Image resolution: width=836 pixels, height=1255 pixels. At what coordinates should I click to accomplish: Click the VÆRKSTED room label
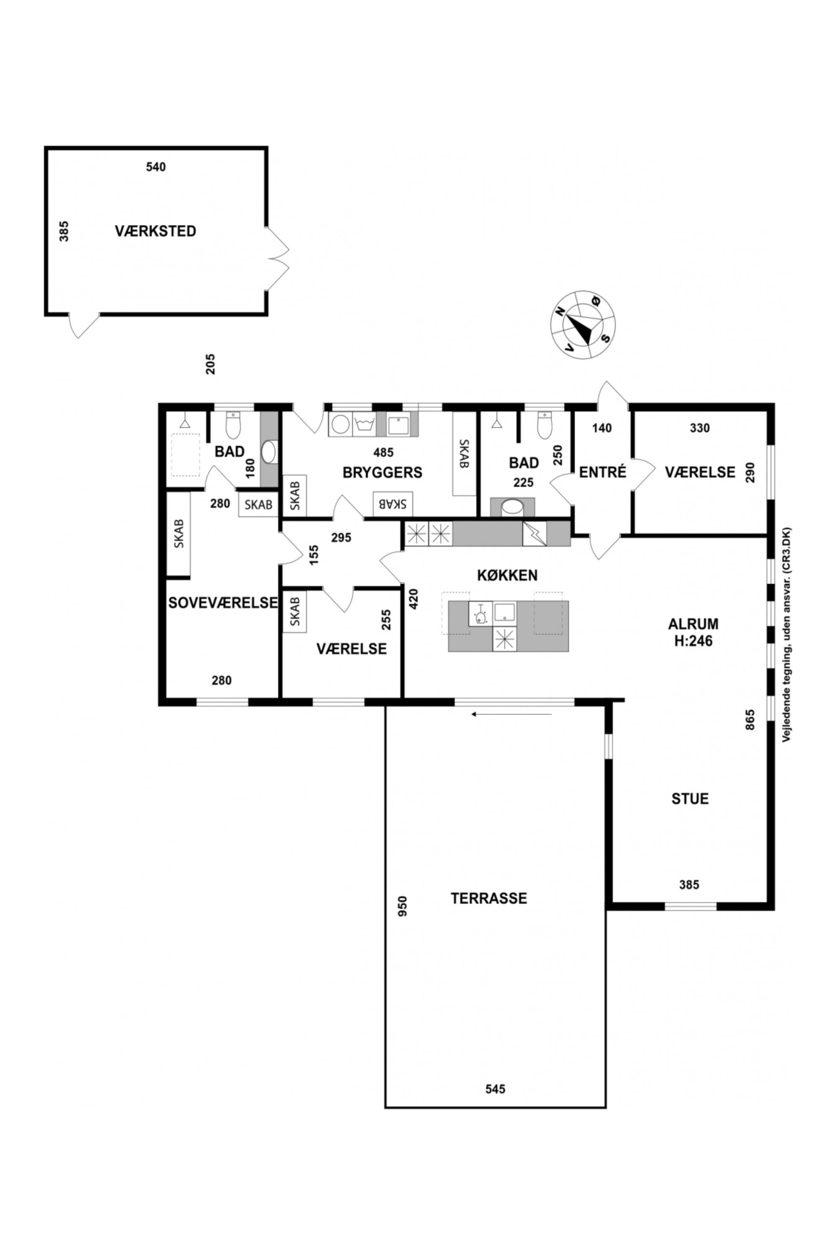(155, 231)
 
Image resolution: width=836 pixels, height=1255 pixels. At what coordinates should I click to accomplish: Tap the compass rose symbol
(583, 325)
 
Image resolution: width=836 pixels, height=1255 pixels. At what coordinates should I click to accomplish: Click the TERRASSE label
(489, 898)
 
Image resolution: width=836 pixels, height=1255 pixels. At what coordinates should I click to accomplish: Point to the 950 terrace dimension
(403, 906)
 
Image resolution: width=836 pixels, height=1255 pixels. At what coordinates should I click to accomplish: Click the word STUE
(690, 799)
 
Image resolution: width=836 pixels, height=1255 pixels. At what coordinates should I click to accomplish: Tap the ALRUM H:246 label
(693, 632)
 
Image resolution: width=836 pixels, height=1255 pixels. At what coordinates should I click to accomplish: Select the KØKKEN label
(507, 575)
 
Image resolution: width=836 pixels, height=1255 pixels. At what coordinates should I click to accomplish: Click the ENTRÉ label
(602, 472)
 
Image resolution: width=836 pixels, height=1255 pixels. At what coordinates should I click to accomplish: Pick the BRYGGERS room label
(382, 472)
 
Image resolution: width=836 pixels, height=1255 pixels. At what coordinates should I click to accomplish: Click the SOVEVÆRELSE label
(223, 602)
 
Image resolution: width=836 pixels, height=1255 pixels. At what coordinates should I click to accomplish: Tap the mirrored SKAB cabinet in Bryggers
(393, 504)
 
